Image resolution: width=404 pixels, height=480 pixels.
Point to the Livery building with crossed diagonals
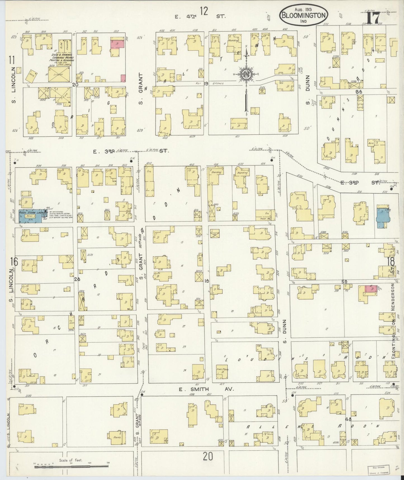pyautogui.click(x=59, y=75)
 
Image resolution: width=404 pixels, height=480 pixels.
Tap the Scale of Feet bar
pyautogui.click(x=71, y=466)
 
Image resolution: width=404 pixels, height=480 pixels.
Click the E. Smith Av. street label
pyautogui.click(x=206, y=389)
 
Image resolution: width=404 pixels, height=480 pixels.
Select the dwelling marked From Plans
pyautogui.click(x=223, y=371)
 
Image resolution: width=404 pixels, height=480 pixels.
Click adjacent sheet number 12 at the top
pyautogui.click(x=204, y=11)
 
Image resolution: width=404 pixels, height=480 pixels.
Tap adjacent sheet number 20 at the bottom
pyautogui.click(x=207, y=456)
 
